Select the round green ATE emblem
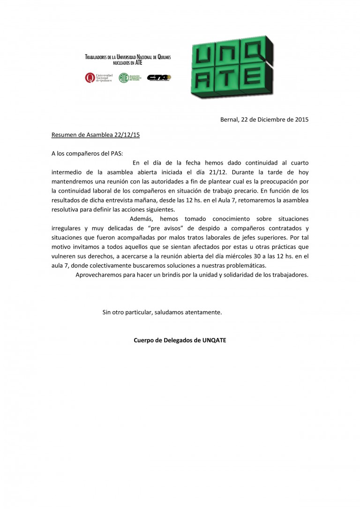[x=123, y=77]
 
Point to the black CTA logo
[x=159, y=77]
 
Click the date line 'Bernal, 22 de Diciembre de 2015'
[x=264, y=119]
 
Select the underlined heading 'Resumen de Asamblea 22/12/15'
[x=96, y=135]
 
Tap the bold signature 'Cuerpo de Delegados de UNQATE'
[x=180, y=340]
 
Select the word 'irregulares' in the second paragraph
[x=66, y=228]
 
